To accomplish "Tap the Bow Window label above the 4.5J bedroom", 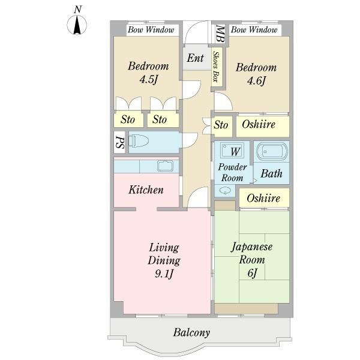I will click(x=150, y=29).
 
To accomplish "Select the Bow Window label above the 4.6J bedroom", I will click(x=254, y=29).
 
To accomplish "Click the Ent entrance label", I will click(x=195, y=58).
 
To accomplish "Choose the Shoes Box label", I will click(x=216, y=67).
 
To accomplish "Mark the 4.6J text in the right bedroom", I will click(x=255, y=80).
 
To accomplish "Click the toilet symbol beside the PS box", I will click(x=139, y=142).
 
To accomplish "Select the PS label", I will click(x=119, y=142).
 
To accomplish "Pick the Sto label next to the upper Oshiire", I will click(x=221, y=125).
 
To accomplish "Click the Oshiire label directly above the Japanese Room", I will click(x=263, y=197).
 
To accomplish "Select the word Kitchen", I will click(x=146, y=190).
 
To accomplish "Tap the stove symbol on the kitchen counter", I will click(x=164, y=166).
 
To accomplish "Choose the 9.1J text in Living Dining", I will click(x=163, y=274).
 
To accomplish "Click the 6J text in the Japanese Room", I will click(x=252, y=274).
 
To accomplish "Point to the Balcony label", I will click(x=191, y=332).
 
